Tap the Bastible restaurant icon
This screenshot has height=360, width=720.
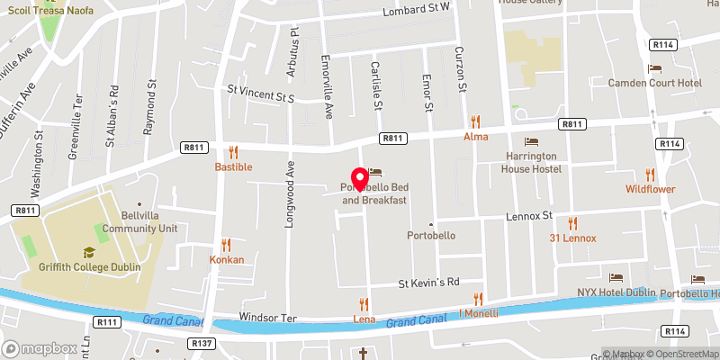pyautogui.click(x=233, y=152)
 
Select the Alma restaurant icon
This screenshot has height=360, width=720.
pyautogui.click(x=475, y=121)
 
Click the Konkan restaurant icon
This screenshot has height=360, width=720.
pyautogui.click(x=226, y=243)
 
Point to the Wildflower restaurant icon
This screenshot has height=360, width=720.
pyautogui.click(x=651, y=174)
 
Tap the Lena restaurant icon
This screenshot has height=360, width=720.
pyautogui.click(x=364, y=303)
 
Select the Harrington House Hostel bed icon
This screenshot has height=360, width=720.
pyautogui.click(x=531, y=141)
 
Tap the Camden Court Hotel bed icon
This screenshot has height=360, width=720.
pyautogui.click(x=654, y=68)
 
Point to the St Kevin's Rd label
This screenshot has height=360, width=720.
pyautogui.click(x=429, y=283)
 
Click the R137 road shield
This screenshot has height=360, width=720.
pyautogui.click(x=200, y=343)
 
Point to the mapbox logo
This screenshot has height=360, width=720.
pyautogui.click(x=39, y=348)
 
